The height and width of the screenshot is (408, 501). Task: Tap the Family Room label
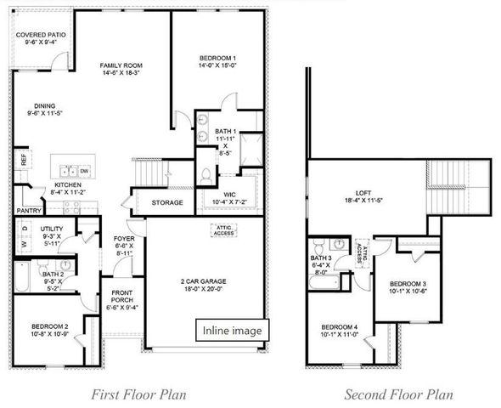pyautogui.click(x=121, y=70)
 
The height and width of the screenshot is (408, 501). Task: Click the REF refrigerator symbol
pyautogui.click(x=23, y=160)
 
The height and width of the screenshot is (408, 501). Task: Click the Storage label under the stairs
pyautogui.click(x=167, y=203)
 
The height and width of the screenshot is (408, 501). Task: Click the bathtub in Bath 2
pyautogui.click(x=23, y=277)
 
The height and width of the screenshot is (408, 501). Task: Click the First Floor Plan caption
pyautogui.click(x=138, y=394)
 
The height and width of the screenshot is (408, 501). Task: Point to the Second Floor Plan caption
pyautogui.click(x=398, y=394)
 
